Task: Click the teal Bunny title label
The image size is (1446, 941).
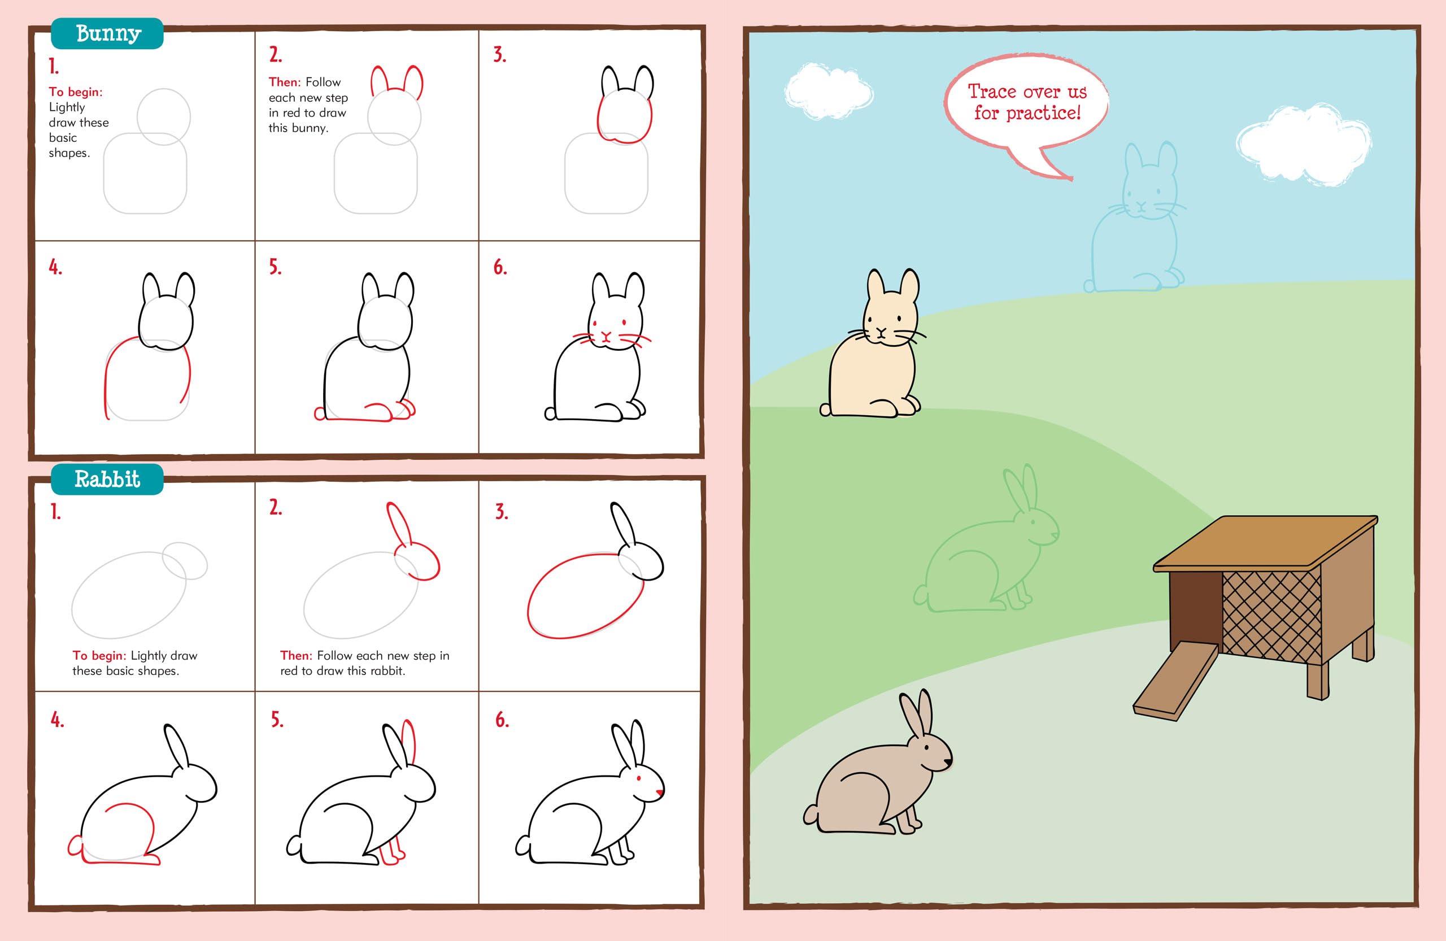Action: [107, 33]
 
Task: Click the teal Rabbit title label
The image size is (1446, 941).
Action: [107, 480]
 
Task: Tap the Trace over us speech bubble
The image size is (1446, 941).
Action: [1027, 103]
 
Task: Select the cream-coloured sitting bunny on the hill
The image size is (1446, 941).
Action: [872, 364]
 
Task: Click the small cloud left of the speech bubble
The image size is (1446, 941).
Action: [828, 92]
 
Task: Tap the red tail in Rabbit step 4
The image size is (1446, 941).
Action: [75, 846]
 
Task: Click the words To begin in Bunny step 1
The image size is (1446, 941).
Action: [76, 92]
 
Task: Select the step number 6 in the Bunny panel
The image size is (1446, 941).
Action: [500, 267]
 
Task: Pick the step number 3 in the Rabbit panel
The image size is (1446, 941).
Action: [501, 512]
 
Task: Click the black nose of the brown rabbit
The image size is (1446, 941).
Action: [948, 761]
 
